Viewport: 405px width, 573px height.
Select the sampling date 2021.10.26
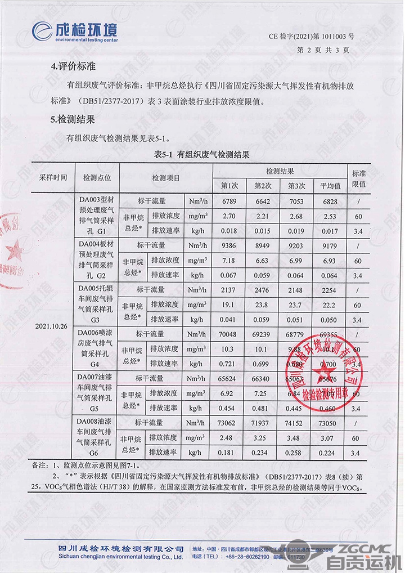coord(51,326)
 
